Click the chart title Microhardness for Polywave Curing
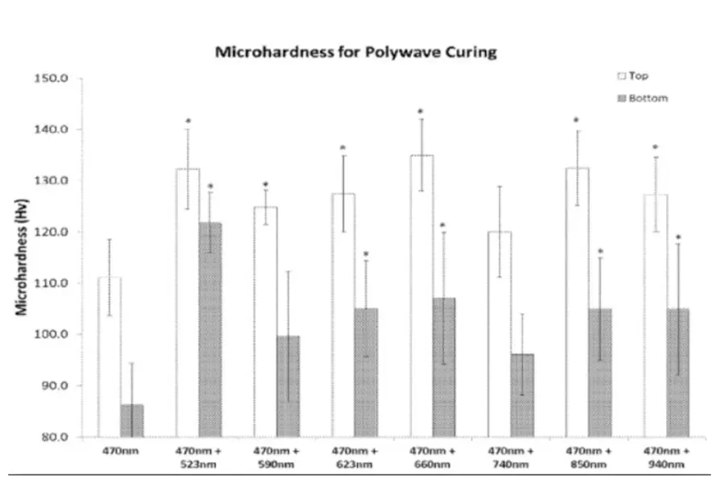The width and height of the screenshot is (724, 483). click(356, 52)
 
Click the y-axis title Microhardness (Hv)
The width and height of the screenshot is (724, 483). click(26, 258)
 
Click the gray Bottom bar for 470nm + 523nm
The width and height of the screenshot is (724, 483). click(210, 329)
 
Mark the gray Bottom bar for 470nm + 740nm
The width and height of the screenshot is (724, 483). click(521, 395)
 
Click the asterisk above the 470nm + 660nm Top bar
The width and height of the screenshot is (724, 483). click(420, 111)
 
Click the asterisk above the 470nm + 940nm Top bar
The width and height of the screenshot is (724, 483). click(655, 147)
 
